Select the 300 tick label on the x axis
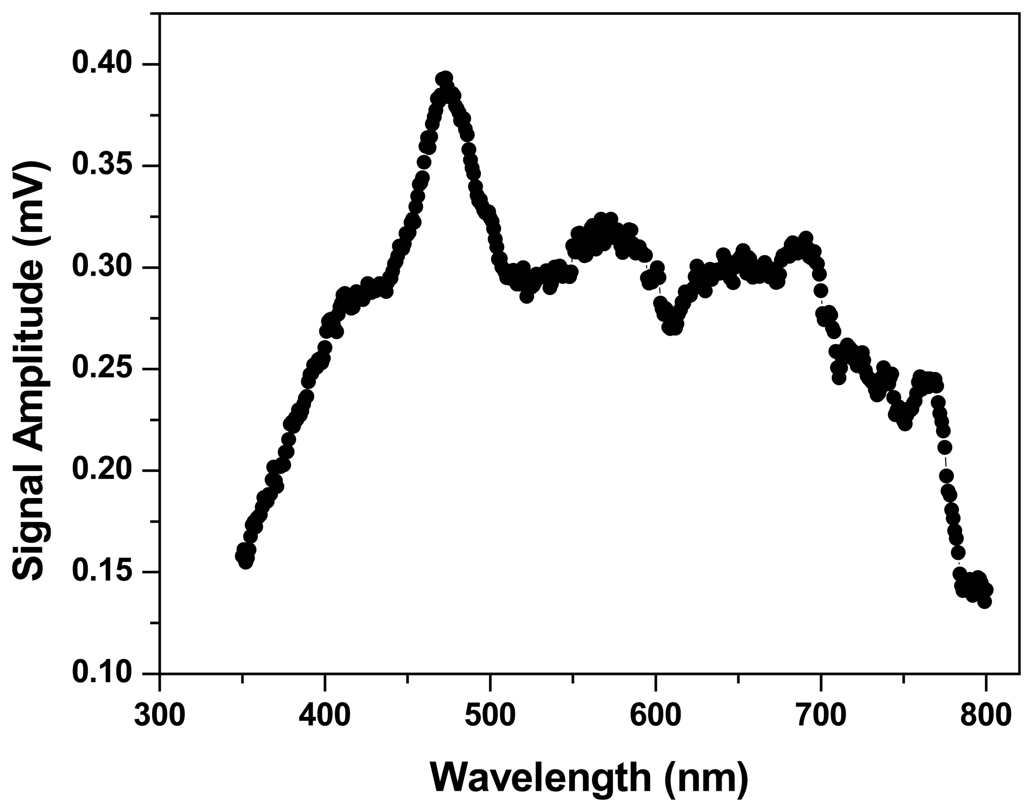[x=159, y=715]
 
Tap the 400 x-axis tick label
[x=324, y=715]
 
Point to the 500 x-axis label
[x=490, y=715]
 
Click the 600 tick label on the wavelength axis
[x=656, y=715]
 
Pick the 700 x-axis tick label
[x=821, y=715]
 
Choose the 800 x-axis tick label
[x=986, y=715]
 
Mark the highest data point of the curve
[x=446, y=78]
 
